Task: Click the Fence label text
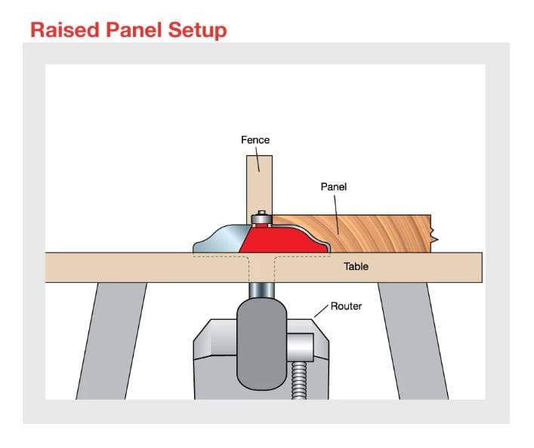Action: (x=255, y=140)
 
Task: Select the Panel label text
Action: (x=333, y=186)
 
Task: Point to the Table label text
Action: (x=357, y=266)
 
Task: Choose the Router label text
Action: (x=347, y=306)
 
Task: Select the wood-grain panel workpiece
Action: (x=363, y=230)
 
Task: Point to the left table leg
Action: (x=102, y=339)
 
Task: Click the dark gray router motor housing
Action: (x=261, y=339)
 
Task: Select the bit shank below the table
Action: (x=261, y=290)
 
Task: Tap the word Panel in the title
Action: (x=131, y=29)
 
